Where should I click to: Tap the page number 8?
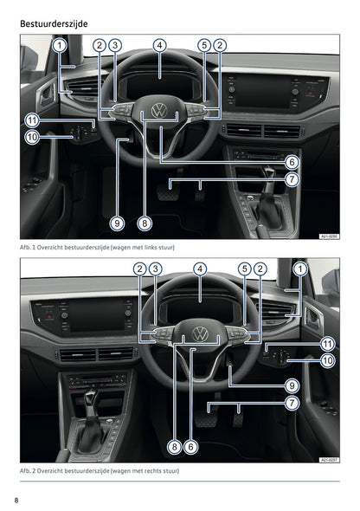(x=16, y=500)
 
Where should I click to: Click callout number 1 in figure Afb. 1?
(x=58, y=45)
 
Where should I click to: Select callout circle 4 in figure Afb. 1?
(x=160, y=45)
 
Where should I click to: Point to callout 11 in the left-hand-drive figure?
(x=30, y=120)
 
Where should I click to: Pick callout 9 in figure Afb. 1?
(x=118, y=223)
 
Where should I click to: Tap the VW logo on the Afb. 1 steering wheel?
(x=160, y=111)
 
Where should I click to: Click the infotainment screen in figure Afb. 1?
(x=263, y=89)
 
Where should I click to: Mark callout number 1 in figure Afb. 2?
(x=300, y=269)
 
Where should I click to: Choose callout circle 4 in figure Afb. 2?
(x=200, y=269)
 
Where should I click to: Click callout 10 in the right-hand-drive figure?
(x=328, y=359)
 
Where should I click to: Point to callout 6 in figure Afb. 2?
(x=191, y=447)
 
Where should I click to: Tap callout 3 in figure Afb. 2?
(x=156, y=269)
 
